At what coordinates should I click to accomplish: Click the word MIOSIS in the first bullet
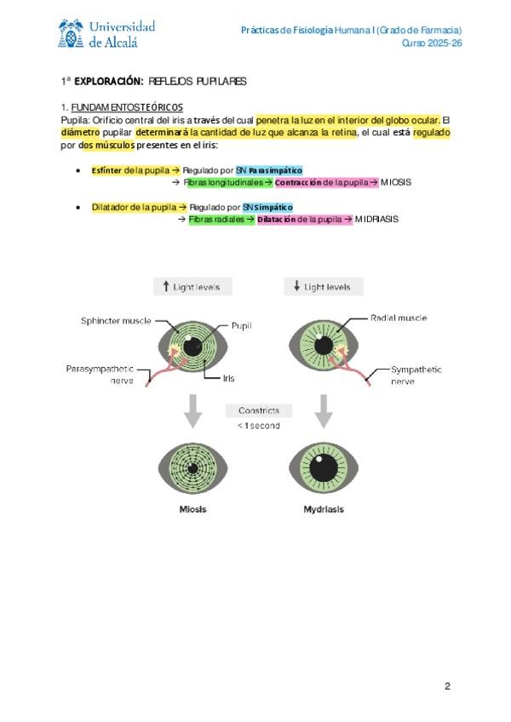[x=396, y=182]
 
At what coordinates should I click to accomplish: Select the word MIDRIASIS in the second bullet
[x=376, y=219]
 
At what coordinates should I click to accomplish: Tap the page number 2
[x=446, y=686]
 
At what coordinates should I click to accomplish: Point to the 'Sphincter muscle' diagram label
[x=116, y=321]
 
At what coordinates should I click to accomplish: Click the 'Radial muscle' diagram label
[x=399, y=318]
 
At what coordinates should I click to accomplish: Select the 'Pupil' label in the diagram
[x=241, y=326]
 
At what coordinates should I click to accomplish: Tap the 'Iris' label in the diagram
[x=228, y=378]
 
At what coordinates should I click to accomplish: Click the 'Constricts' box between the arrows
[x=258, y=410]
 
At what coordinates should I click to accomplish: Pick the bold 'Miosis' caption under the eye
[x=192, y=509]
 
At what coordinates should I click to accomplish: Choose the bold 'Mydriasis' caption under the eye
[x=324, y=509]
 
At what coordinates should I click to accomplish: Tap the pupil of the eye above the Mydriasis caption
[x=324, y=467]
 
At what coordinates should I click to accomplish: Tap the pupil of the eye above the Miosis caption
[x=193, y=467]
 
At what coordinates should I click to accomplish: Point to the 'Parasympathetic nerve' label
[x=100, y=374]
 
